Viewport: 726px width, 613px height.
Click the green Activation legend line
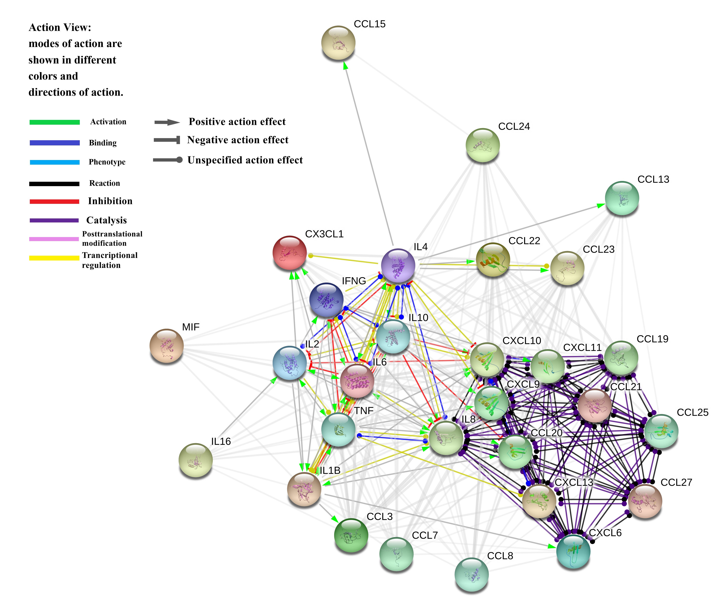pos(55,122)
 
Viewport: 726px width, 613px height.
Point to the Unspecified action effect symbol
pos(168,160)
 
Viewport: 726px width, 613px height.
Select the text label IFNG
pos(354,281)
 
